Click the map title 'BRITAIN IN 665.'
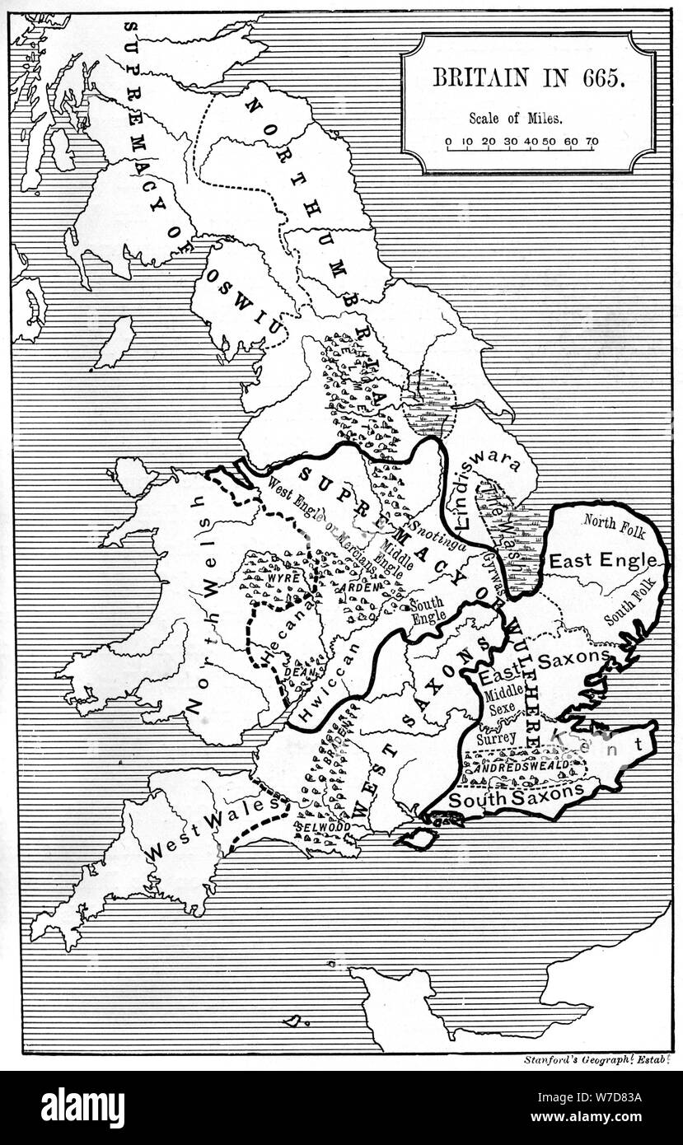(x=529, y=78)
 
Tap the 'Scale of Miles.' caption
(x=517, y=118)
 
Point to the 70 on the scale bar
(x=592, y=142)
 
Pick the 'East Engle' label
(x=605, y=562)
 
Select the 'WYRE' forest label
(x=282, y=577)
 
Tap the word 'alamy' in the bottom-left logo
(x=82, y=1108)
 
